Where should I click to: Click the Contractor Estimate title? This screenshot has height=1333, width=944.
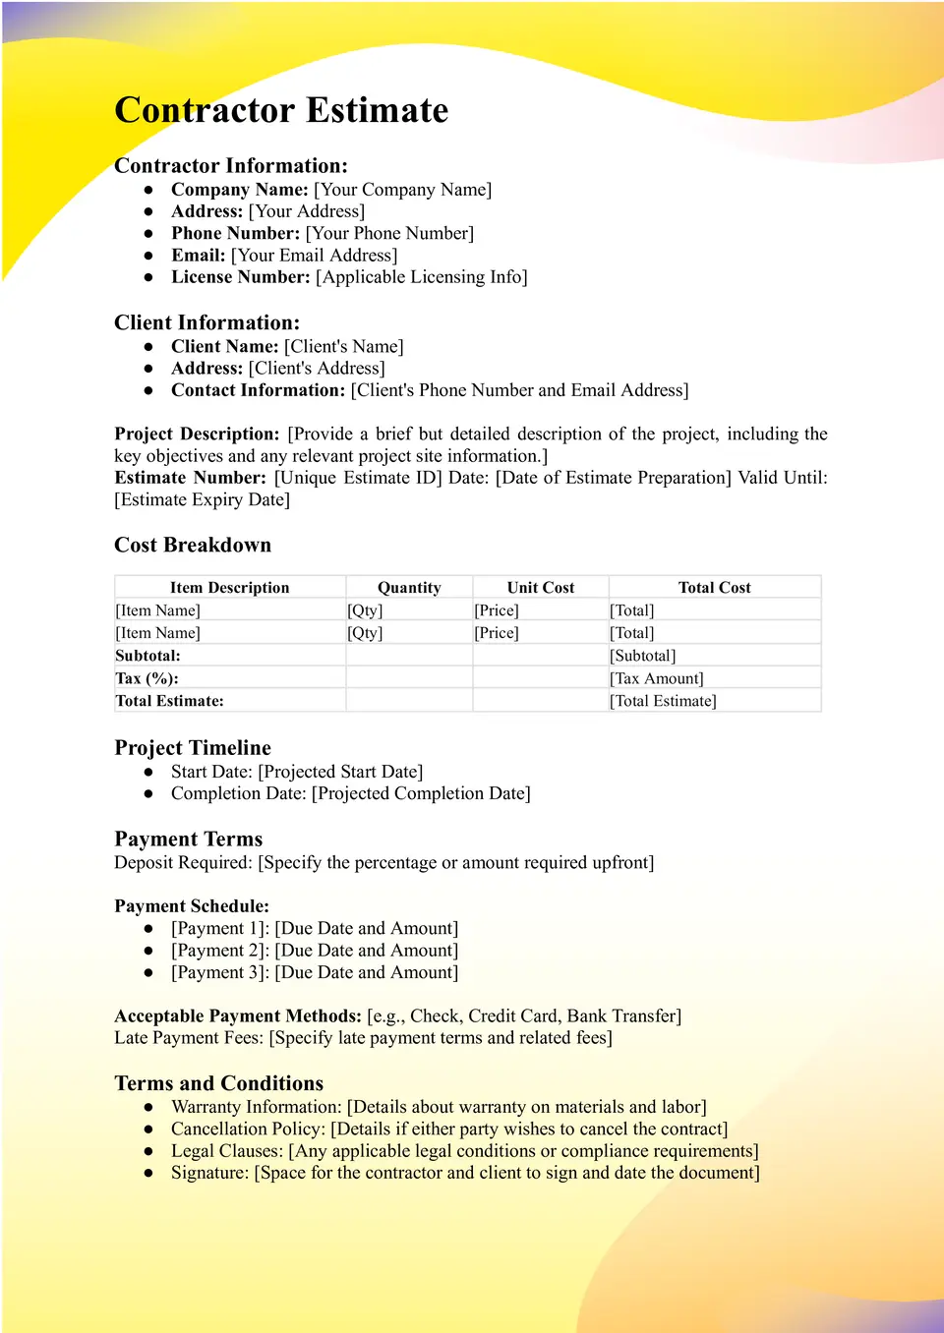tap(281, 110)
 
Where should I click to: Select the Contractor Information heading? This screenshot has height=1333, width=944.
tap(231, 165)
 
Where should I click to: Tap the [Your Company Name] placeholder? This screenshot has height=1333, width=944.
tap(402, 190)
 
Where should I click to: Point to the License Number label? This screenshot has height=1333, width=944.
tap(240, 277)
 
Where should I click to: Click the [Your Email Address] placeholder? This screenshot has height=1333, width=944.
tap(314, 256)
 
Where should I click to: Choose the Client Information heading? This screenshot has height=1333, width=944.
tap(206, 322)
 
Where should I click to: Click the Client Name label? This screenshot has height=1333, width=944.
tap(224, 347)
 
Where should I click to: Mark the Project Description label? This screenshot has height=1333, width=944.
tap(197, 435)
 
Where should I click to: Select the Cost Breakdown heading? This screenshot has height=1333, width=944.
tap(193, 546)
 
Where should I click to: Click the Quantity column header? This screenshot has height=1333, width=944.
tap(409, 588)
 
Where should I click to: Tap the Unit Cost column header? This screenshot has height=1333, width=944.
tap(541, 588)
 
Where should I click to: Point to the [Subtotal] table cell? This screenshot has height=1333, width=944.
tap(643, 656)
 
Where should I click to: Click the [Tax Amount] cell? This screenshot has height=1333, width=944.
tap(657, 678)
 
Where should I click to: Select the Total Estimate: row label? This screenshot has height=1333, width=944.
tap(169, 701)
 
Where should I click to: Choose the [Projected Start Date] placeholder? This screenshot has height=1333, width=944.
tap(340, 772)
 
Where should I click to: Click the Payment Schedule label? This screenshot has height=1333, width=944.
tap(192, 906)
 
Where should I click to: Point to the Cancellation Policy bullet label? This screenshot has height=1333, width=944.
tap(247, 1130)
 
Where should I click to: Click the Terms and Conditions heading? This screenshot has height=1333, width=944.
tap(218, 1083)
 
